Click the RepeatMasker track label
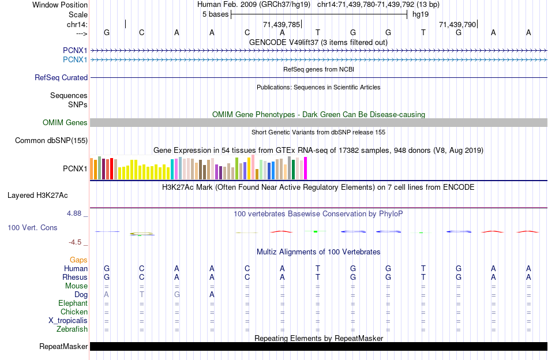[63, 347]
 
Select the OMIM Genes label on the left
[65, 122]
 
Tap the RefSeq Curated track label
[61, 77]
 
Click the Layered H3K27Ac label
[37, 195]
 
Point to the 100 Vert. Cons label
[32, 228]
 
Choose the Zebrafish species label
[72, 329]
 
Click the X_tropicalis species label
[68, 321]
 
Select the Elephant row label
[73, 303]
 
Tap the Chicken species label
[74, 312]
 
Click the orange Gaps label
[78, 260]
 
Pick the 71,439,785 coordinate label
[281, 25]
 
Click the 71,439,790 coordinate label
[457, 25]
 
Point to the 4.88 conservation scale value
[76, 213]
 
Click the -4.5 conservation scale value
[76, 242]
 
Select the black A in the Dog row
[212, 295]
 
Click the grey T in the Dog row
[142, 295]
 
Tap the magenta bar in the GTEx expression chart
[305, 168]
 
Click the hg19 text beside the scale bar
[419, 14]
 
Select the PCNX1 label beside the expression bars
[75, 169]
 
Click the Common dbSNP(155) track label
[51, 140]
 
